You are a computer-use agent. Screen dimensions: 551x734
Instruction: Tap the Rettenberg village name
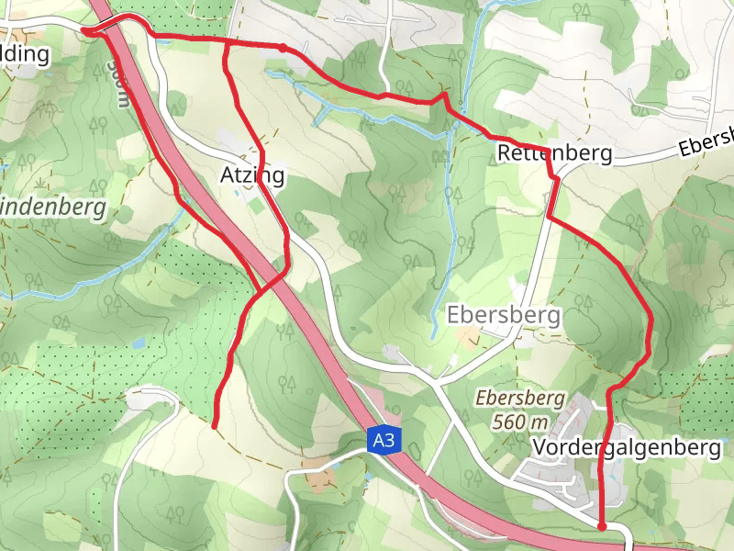554,153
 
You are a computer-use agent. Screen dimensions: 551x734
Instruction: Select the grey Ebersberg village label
504,315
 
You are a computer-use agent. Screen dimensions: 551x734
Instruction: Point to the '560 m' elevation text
520,422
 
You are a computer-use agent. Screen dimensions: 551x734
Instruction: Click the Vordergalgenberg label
626,448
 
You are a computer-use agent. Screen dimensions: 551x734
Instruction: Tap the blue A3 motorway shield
384,440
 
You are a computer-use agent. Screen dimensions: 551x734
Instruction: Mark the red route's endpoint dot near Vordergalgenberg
601,526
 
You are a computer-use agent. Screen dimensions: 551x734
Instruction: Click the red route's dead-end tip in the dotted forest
214,426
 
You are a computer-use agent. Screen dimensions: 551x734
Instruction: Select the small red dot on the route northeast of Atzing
283,47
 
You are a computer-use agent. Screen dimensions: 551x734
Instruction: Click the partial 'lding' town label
25,53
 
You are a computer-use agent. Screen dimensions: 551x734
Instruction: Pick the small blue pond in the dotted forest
137,343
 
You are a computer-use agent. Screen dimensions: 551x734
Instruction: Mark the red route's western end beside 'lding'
85,31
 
